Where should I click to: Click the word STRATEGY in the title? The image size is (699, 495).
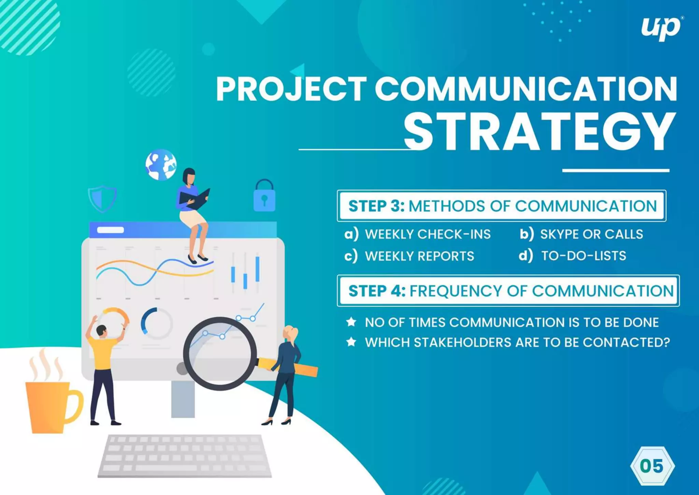tap(539, 132)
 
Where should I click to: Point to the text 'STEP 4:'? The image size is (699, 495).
tap(377, 291)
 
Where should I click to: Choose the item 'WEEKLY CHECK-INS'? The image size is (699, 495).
tap(428, 234)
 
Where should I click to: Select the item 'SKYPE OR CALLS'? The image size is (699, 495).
tap(591, 234)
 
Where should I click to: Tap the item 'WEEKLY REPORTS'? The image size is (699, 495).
tap(419, 256)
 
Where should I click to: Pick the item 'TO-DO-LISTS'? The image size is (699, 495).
tap(584, 256)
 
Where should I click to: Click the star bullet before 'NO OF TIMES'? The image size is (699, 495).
tap(351, 322)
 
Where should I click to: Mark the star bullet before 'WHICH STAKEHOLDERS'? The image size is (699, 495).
tap(351, 342)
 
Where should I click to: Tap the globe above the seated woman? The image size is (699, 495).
tap(161, 165)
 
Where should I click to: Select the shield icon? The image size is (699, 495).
tap(102, 198)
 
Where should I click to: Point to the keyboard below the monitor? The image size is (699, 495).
tap(184, 456)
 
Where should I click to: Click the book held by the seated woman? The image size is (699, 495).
tap(195, 199)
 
